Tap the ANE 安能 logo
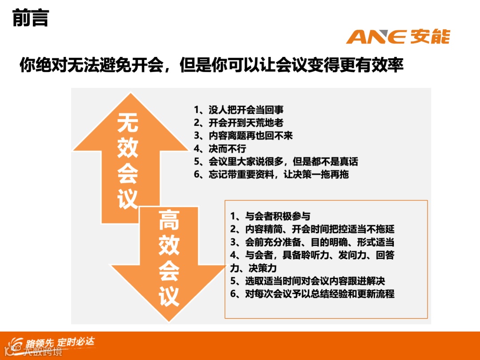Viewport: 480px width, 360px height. pyautogui.click(x=398, y=36)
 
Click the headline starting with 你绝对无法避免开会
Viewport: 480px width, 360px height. pyautogui.click(x=212, y=65)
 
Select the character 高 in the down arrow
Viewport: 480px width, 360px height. pyautogui.click(x=169, y=220)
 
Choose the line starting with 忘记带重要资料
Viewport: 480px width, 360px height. pyautogui.click(x=271, y=174)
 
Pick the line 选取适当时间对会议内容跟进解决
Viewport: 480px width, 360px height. pyautogui.click(x=308, y=281)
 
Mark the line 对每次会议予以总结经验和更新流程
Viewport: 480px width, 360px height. pyautogui.click(x=312, y=294)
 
